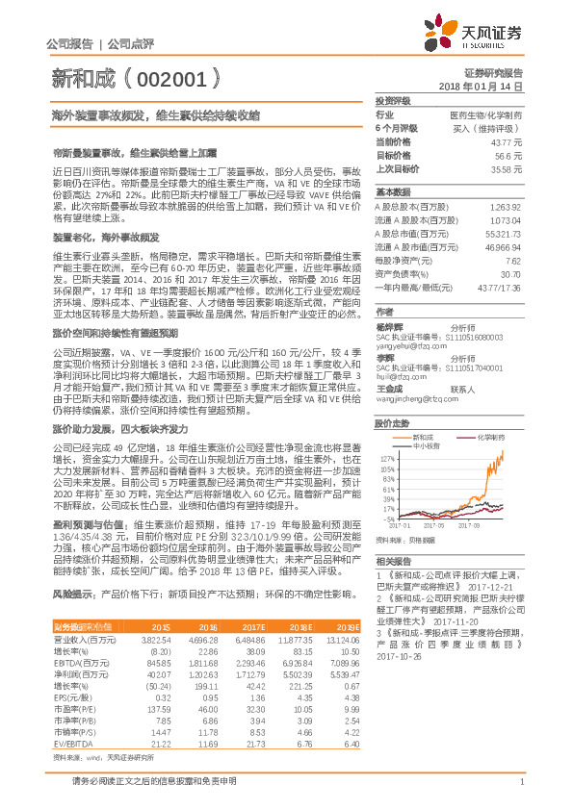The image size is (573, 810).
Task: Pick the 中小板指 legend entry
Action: coord(425,445)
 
